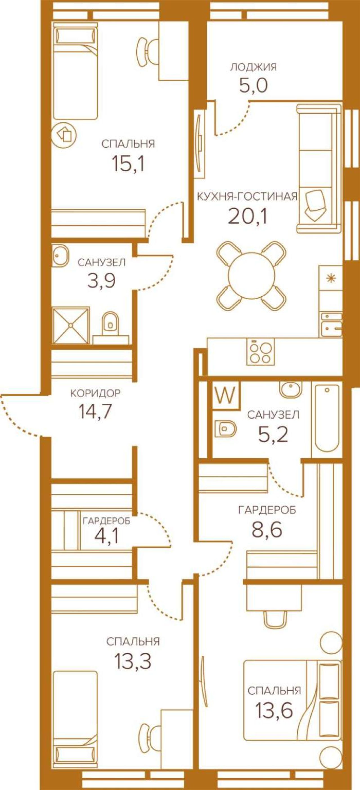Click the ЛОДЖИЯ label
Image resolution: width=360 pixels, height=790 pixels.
tap(253, 67)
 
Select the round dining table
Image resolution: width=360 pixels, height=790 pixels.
tap(251, 275)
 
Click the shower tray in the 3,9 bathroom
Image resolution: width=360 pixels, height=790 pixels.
tap(71, 326)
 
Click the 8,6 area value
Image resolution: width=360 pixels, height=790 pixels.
tap(267, 530)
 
